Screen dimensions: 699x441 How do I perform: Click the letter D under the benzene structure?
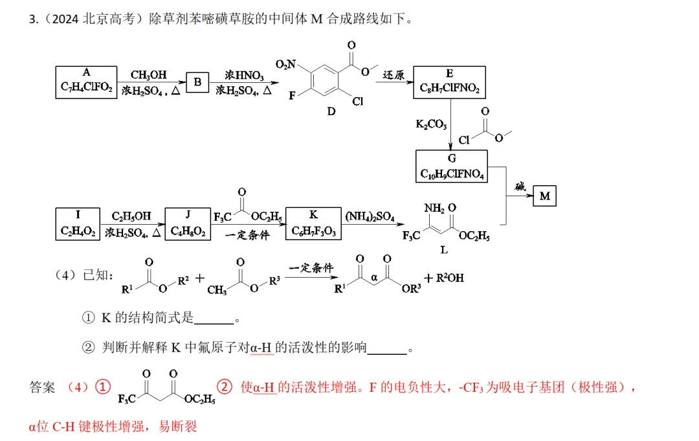tap(331, 111)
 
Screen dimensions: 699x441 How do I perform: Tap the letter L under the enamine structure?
tap(444, 250)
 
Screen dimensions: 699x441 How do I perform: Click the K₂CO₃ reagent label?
tap(431, 124)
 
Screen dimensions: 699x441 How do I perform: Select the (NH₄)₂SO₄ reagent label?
tap(370, 217)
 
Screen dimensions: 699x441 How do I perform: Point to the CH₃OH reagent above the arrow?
tap(148, 74)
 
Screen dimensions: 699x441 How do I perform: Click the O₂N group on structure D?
tap(286, 65)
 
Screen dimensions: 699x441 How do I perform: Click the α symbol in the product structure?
tap(374, 278)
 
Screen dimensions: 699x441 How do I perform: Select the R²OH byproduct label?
tap(450, 278)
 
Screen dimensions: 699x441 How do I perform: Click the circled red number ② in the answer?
tap(225, 387)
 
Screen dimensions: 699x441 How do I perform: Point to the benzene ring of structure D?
tap(325, 80)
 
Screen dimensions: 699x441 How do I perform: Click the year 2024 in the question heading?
tap(65, 19)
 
